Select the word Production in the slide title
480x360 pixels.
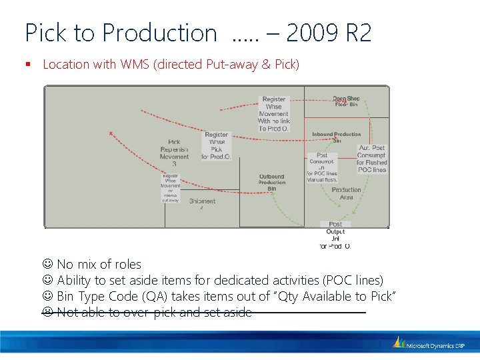point(160,33)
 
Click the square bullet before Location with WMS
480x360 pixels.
point(29,65)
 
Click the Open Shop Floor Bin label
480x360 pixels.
point(347,102)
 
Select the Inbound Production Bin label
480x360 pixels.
point(337,137)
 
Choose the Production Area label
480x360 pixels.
point(347,193)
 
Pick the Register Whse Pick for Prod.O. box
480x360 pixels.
point(216,146)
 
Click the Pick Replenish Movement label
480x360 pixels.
point(174,153)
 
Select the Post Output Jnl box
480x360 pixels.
point(335,235)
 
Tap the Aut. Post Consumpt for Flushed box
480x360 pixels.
point(371,159)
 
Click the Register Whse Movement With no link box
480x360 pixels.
point(274,114)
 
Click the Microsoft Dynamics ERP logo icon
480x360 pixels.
point(399,343)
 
